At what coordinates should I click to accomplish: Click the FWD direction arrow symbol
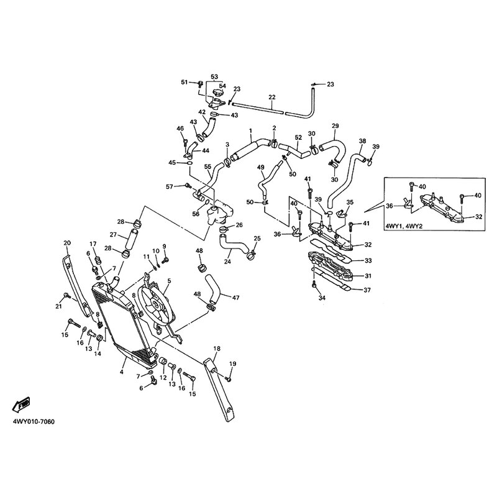coord(21,405)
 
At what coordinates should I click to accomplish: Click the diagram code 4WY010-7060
coord(34,422)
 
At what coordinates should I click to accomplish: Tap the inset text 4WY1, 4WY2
coord(404,227)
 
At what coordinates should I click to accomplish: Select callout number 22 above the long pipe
coord(272,97)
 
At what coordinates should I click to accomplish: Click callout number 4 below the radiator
coord(122,372)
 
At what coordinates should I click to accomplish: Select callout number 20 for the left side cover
coord(67,243)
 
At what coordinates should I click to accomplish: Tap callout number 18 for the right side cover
coord(217,349)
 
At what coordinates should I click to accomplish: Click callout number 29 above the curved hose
coord(335,126)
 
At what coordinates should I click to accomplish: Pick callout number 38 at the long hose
coord(362,141)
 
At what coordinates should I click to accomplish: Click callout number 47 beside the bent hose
coord(235,298)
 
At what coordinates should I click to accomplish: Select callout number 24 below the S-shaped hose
coord(227,262)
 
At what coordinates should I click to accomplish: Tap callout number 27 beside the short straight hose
coord(114,235)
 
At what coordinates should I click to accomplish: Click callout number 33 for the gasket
coord(368,260)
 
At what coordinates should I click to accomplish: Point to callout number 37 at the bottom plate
coord(367,290)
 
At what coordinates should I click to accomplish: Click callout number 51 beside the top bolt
coord(185,83)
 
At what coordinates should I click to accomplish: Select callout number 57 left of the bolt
coord(170,187)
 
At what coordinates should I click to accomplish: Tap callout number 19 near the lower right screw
coord(232,364)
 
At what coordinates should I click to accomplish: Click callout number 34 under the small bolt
coord(322,298)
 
